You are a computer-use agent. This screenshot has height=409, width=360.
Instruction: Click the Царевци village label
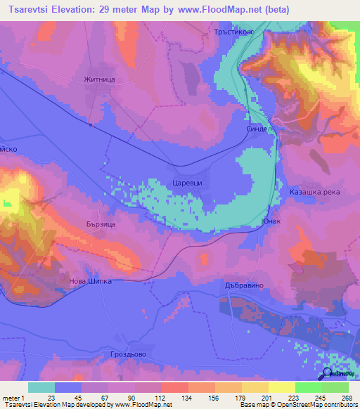187,182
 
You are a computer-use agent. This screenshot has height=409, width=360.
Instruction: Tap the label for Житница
98,80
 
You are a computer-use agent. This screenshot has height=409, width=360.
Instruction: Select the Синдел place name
259,129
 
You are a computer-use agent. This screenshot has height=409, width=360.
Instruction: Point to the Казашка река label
315,191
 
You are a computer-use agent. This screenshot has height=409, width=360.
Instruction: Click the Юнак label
271,221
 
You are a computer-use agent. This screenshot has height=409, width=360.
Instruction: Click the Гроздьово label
128,354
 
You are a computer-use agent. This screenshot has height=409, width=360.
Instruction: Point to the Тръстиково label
232,32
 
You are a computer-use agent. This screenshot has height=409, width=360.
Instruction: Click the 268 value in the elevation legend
345,398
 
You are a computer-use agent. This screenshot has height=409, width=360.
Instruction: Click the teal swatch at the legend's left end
41,387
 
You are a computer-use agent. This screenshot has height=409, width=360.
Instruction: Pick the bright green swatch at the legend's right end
335,387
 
